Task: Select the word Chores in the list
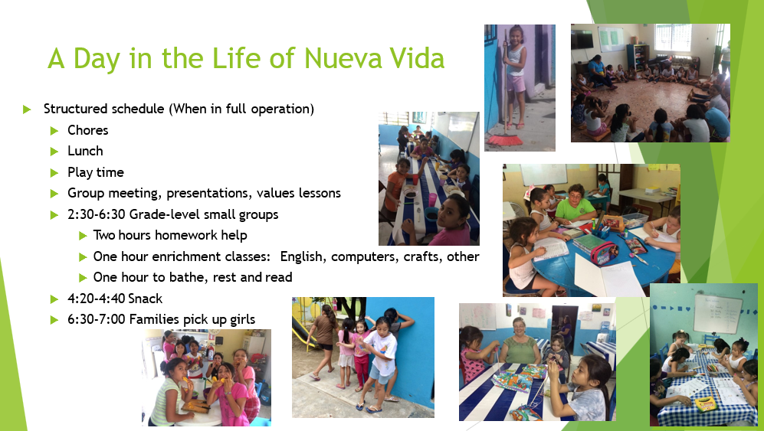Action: click(87, 130)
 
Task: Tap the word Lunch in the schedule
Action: click(85, 151)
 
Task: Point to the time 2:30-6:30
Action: click(97, 214)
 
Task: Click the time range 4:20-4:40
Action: click(97, 299)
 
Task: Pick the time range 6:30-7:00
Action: click(97, 319)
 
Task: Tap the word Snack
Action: click(146, 299)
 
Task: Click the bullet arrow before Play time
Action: click(54, 172)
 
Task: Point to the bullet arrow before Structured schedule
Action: click(28, 109)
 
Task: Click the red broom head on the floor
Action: click(505, 140)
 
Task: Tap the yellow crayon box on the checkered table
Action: click(705, 403)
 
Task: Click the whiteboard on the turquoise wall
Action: click(717, 313)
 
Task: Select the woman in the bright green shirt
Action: click(575, 204)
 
